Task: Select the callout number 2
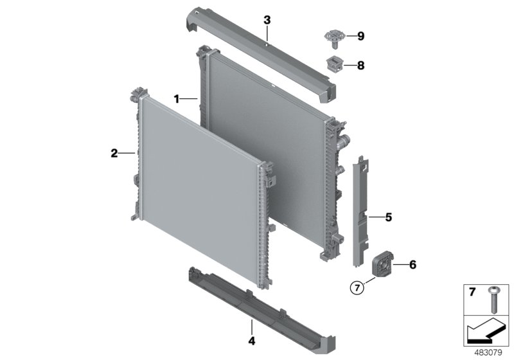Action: coord(114,153)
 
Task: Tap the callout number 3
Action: coord(267,21)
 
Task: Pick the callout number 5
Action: coord(388,217)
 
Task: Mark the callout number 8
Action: coord(360,65)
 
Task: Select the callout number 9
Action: coord(360,37)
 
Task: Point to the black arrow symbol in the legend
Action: coord(485,332)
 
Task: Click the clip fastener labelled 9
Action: coord(335,37)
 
